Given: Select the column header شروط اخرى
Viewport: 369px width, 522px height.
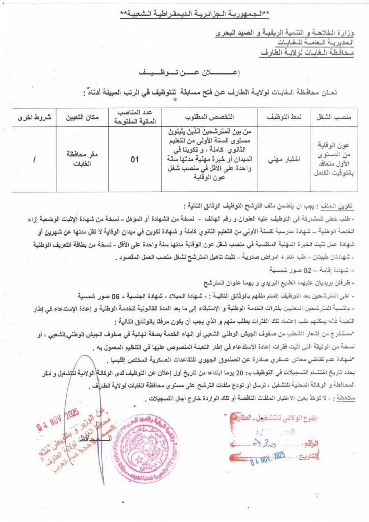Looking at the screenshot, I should (x=35, y=117).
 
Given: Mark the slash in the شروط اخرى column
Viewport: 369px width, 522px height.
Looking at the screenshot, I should (x=34, y=160).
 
